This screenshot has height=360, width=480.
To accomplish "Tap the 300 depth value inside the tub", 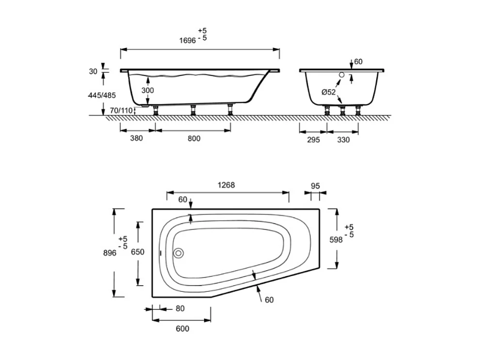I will (x=148, y=91).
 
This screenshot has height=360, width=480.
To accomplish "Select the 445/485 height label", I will (x=102, y=96).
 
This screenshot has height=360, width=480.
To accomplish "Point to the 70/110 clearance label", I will (x=121, y=110).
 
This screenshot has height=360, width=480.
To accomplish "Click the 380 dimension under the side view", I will (x=137, y=139).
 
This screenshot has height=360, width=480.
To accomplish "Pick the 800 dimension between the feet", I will (x=193, y=139).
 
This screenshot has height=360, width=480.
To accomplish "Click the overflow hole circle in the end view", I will (x=341, y=75).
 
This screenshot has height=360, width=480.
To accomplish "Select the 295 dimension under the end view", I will (x=313, y=140).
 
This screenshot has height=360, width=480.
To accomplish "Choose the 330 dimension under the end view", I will (x=343, y=140).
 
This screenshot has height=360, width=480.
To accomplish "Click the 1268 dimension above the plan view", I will (x=226, y=185).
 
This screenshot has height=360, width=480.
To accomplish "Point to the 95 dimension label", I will (x=315, y=185).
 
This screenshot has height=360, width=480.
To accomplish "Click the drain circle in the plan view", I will (x=179, y=253).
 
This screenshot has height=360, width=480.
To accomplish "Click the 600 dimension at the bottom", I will (x=182, y=328).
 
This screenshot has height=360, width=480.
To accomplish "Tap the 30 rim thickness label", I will (x=93, y=71).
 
